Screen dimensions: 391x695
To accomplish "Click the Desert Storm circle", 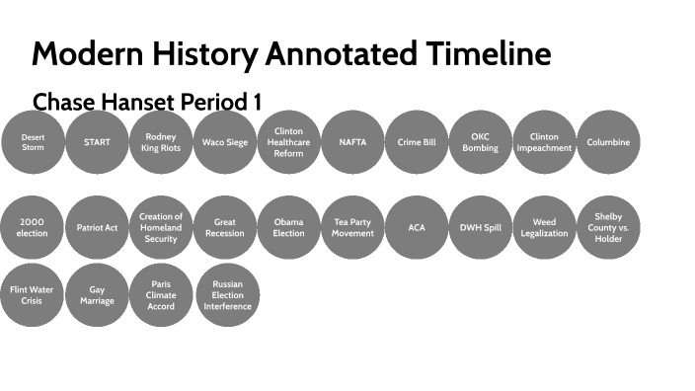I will [33, 142].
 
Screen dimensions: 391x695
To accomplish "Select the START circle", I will [97, 142].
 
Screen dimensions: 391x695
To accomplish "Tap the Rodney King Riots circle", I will [161, 142].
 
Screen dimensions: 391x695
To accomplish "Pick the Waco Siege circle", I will [225, 142].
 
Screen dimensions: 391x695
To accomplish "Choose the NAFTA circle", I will [352, 142].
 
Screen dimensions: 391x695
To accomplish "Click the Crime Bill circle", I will [417, 142].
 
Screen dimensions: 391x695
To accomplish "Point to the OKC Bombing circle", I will [481, 142].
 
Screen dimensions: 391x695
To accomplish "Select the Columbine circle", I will [608, 142].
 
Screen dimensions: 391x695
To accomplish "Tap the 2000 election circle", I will [33, 228].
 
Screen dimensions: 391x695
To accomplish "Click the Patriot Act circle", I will [97, 228].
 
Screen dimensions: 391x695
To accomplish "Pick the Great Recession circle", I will [225, 228].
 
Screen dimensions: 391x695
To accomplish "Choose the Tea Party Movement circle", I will [352, 228].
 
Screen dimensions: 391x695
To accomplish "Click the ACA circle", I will [417, 228].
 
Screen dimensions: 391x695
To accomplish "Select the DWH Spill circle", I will [481, 228].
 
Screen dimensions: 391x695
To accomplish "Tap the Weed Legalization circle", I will [544, 228].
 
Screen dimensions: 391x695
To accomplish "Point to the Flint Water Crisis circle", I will [33, 295].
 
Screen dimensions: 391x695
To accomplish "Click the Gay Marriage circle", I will [97, 295].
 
